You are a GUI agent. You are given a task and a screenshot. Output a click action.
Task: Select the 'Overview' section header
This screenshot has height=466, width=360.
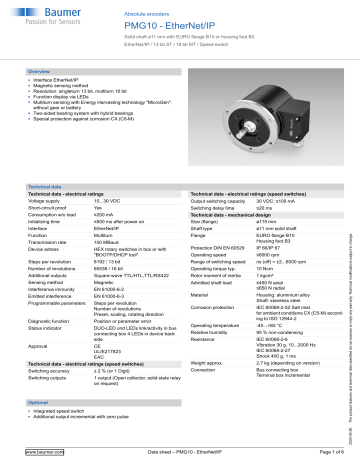point(40,73)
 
